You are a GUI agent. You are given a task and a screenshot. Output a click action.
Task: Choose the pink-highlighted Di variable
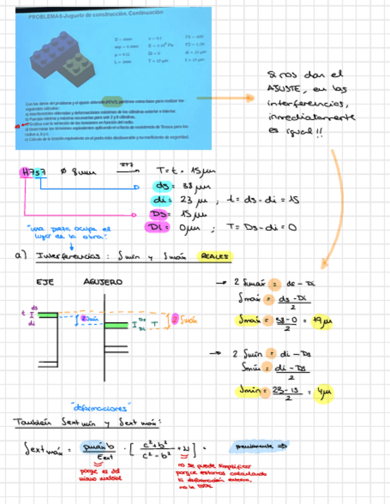coord(157,226)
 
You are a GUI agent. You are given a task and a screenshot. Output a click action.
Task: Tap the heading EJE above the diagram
coord(46,282)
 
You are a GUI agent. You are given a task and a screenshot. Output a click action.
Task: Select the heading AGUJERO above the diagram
coord(102,282)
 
